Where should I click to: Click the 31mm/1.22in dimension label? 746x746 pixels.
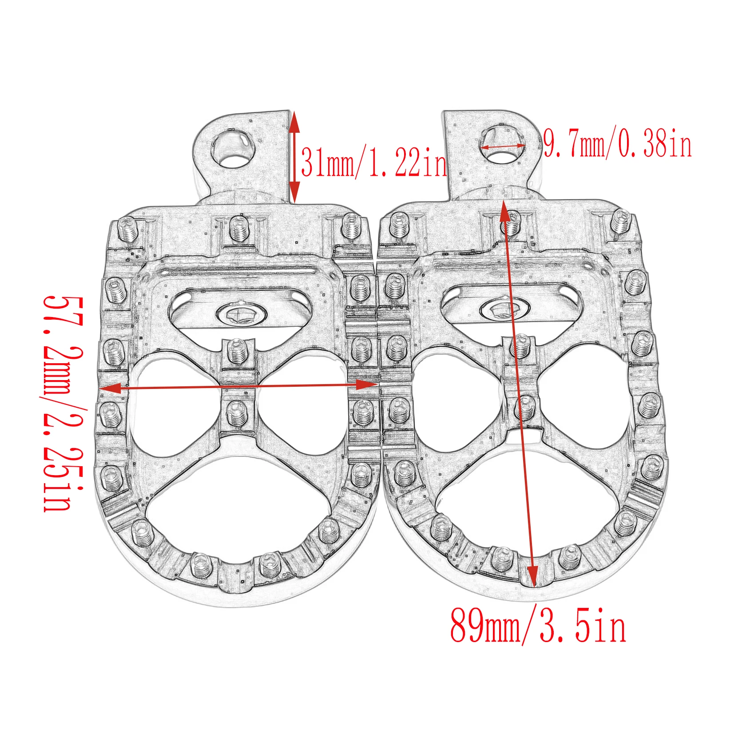point(374,163)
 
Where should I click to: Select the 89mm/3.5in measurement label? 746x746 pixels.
point(538,625)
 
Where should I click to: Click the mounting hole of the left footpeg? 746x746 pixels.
point(233,149)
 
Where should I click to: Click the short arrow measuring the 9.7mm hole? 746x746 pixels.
point(503,146)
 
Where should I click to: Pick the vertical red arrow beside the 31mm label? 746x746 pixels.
point(294,156)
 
